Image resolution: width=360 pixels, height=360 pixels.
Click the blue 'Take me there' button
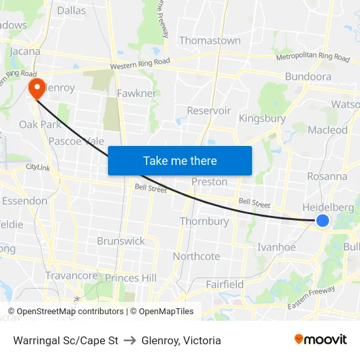click(180, 160)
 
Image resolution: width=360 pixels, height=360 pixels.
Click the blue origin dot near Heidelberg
click(323, 221)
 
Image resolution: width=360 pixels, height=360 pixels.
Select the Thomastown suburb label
click(209, 41)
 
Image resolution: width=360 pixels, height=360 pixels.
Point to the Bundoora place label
click(308, 77)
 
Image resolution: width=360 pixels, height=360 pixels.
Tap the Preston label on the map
click(209, 182)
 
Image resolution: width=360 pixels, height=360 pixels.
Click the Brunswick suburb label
click(121, 241)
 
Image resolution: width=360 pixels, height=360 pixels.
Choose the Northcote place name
click(196, 256)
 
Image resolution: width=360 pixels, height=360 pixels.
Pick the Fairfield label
click(225, 284)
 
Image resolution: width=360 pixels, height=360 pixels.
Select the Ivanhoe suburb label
click(276, 247)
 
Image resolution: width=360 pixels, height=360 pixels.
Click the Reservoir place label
click(209, 111)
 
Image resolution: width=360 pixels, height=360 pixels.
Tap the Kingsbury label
click(262, 118)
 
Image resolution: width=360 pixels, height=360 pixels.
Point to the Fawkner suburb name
click(137, 94)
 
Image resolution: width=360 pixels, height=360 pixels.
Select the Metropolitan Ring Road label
click(313, 57)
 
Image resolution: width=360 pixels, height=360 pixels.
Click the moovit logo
click(320, 339)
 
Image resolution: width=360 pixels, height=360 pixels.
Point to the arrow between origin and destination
click(130, 340)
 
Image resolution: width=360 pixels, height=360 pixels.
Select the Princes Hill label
click(131, 278)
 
